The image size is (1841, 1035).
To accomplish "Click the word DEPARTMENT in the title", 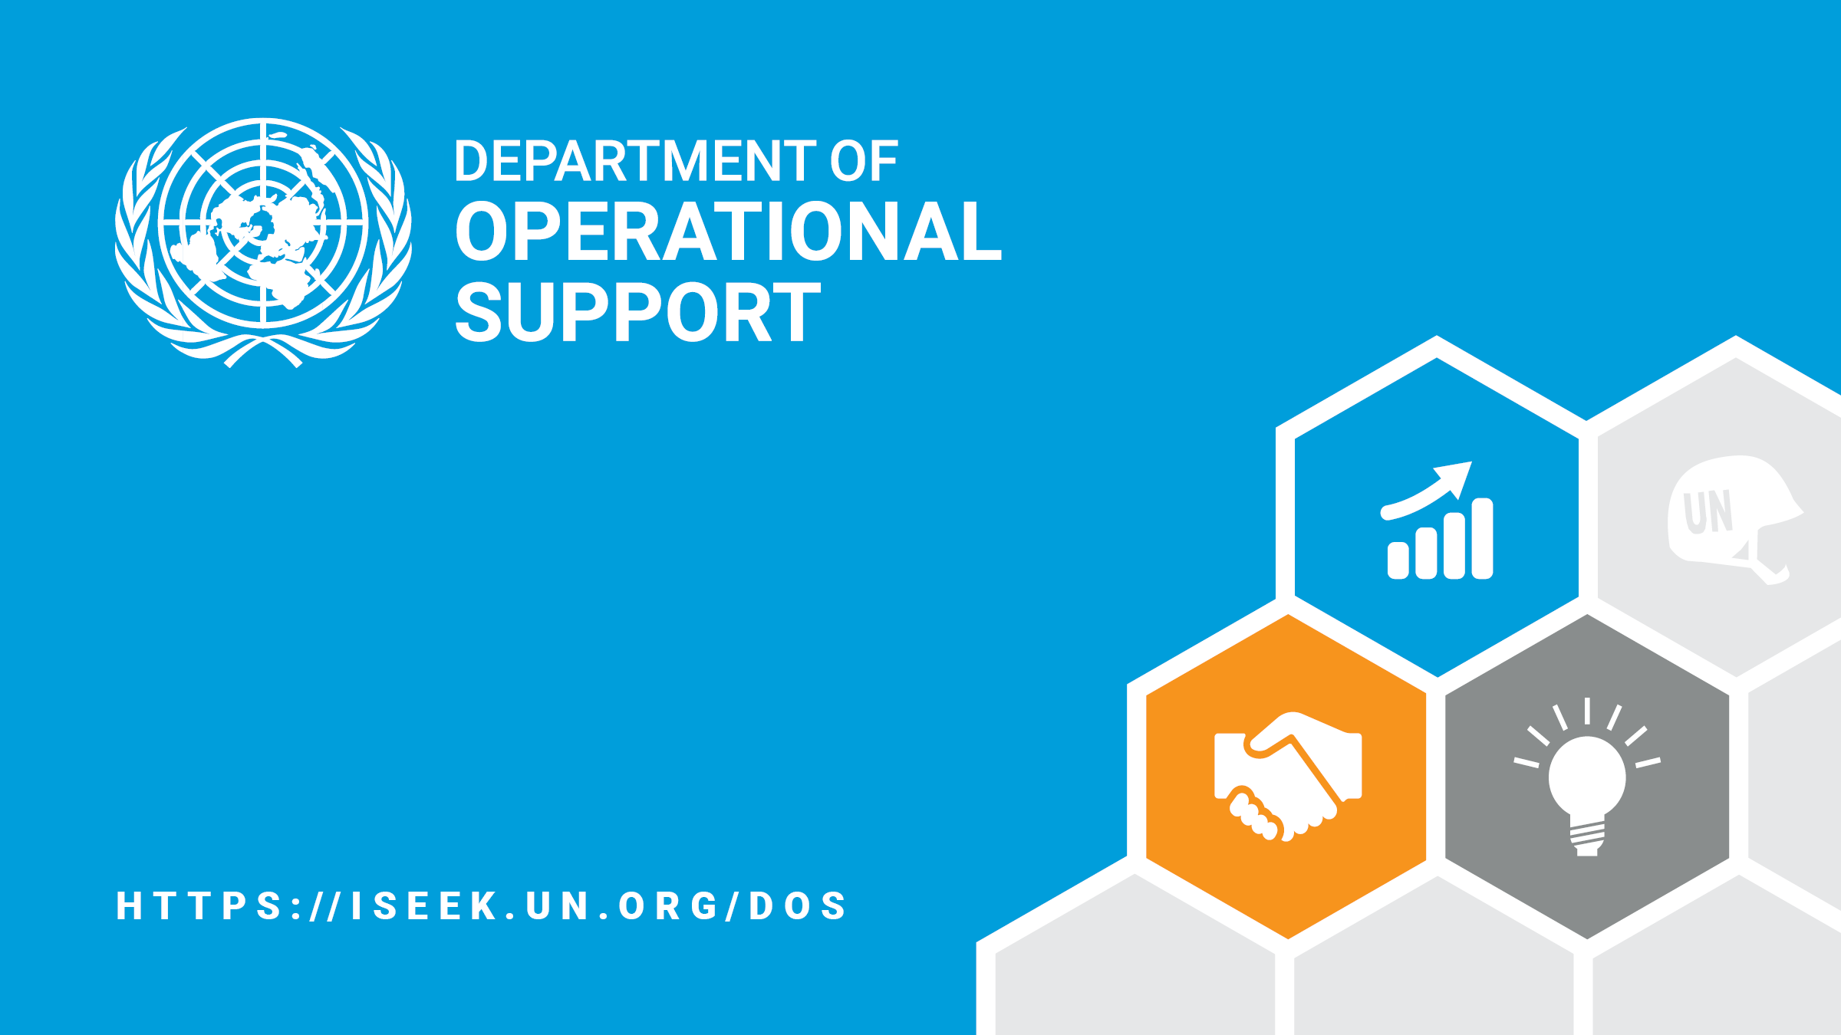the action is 635,161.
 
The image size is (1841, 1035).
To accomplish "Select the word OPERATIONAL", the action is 728,231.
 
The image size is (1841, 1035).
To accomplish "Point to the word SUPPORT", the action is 638,312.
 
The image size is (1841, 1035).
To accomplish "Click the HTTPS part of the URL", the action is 200,905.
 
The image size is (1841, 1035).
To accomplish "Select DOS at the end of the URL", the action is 797,905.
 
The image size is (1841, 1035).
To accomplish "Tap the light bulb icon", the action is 1587,777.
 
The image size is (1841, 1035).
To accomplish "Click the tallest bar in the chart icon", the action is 1482,538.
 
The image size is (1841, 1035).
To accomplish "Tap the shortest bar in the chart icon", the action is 1398,560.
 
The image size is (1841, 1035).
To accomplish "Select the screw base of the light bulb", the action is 1587,839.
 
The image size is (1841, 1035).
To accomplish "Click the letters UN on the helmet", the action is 1708,511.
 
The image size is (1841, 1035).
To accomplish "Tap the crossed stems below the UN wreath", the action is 263,352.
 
